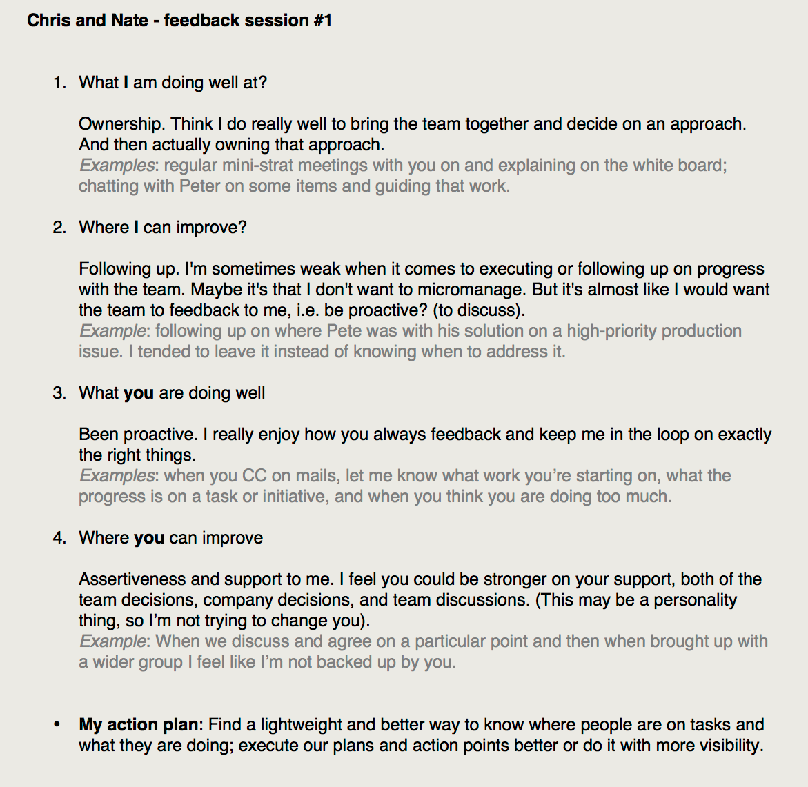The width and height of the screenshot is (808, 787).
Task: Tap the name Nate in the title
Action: (130, 21)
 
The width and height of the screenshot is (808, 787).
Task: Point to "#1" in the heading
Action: (322, 21)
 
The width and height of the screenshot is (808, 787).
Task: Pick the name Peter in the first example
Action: (200, 186)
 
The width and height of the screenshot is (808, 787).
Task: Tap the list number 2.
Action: (59, 228)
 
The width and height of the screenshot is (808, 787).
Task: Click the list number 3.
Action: (59, 393)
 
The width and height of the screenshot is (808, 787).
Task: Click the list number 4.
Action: (59, 538)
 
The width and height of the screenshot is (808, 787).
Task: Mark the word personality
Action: (695, 600)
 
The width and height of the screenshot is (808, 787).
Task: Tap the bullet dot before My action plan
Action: (57, 725)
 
